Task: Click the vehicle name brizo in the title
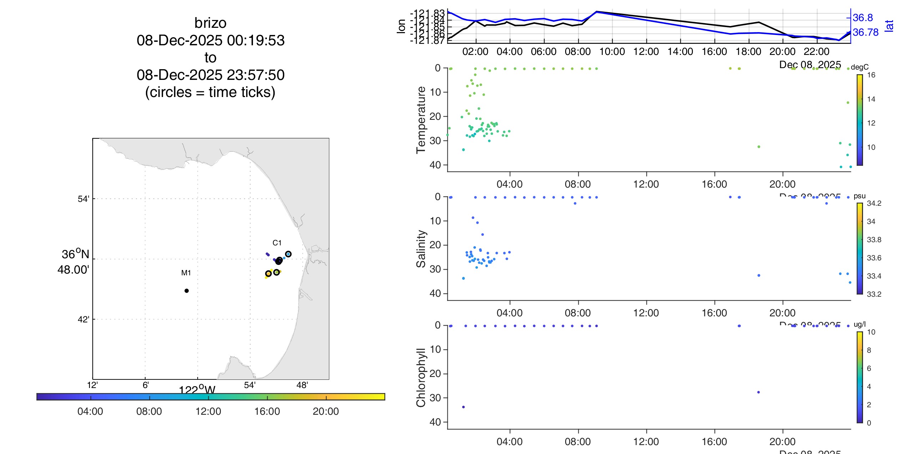click(x=210, y=23)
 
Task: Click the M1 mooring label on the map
click(x=186, y=273)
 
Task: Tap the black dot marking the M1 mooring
click(x=187, y=291)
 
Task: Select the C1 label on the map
click(x=277, y=243)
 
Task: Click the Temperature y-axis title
click(x=421, y=120)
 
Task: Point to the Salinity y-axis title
click(x=421, y=249)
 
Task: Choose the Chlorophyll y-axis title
click(x=421, y=377)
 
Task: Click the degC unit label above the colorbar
click(x=859, y=67)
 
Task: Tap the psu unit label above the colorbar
click(x=859, y=196)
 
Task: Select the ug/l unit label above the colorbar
click(x=859, y=324)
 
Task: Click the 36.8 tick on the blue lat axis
click(x=863, y=17)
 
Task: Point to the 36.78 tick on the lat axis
click(x=866, y=32)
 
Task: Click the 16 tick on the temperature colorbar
click(x=871, y=75)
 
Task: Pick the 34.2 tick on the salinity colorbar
click(x=874, y=203)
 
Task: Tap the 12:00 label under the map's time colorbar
click(x=208, y=411)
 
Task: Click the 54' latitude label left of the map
click(x=83, y=199)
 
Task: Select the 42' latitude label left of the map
click(x=83, y=319)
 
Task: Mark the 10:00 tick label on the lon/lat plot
click(x=612, y=52)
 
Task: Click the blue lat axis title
click(x=889, y=26)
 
